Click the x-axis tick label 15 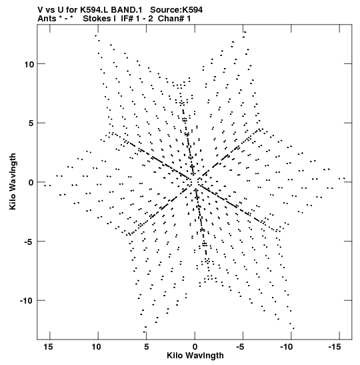click(48, 347)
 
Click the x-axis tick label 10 click(96, 347)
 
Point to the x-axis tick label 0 click(195, 347)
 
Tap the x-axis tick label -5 click(241, 347)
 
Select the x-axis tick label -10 click(286, 347)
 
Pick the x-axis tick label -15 click(335, 347)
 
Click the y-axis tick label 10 click(29, 64)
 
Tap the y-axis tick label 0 click(31, 183)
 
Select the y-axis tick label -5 click(29, 242)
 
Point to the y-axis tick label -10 click(27, 301)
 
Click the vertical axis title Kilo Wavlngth click(13, 181)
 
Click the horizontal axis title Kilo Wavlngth click(195, 356)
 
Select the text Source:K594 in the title click(176, 10)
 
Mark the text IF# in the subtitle click(127, 19)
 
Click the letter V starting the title click(40, 10)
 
